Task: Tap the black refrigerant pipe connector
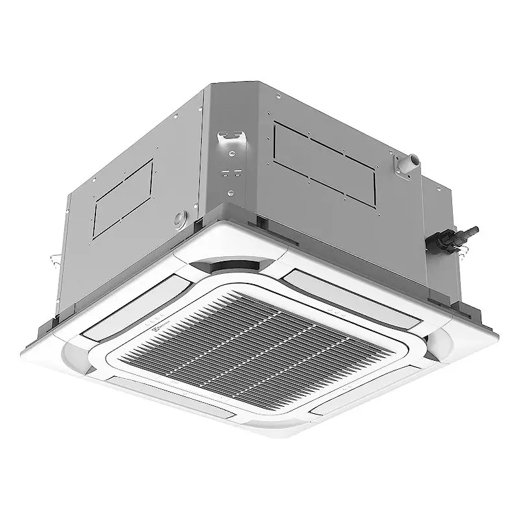[x=453, y=237]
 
